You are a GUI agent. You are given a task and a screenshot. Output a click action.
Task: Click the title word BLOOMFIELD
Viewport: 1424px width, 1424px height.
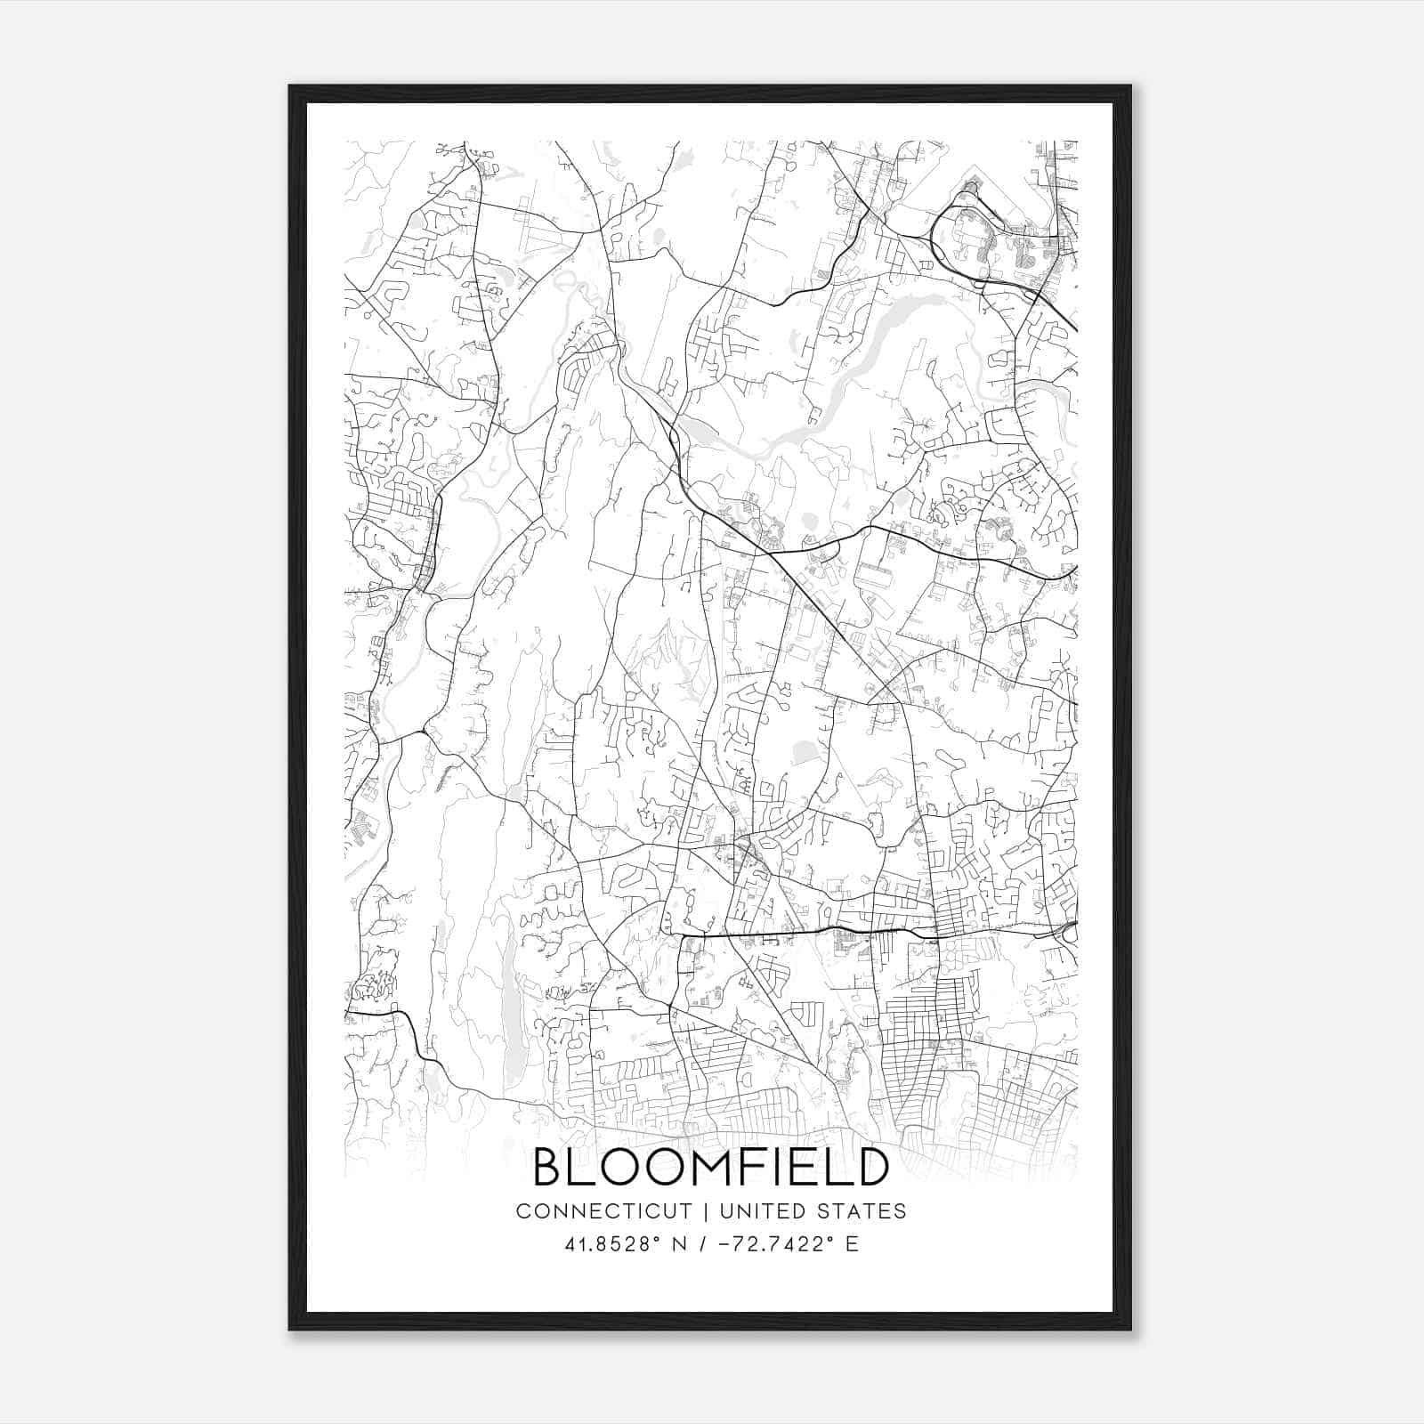711,1168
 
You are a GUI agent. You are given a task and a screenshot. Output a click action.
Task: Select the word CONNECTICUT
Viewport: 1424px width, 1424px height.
604,1211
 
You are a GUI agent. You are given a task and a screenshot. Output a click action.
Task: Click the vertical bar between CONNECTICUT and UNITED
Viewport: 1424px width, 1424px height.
705,1211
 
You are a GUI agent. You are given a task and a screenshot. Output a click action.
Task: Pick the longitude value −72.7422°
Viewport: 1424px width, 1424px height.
781,1244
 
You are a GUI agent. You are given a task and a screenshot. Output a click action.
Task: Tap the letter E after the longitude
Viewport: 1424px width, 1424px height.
853,1244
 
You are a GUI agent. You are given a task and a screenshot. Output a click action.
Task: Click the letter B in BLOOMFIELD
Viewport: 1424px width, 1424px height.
549,1168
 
